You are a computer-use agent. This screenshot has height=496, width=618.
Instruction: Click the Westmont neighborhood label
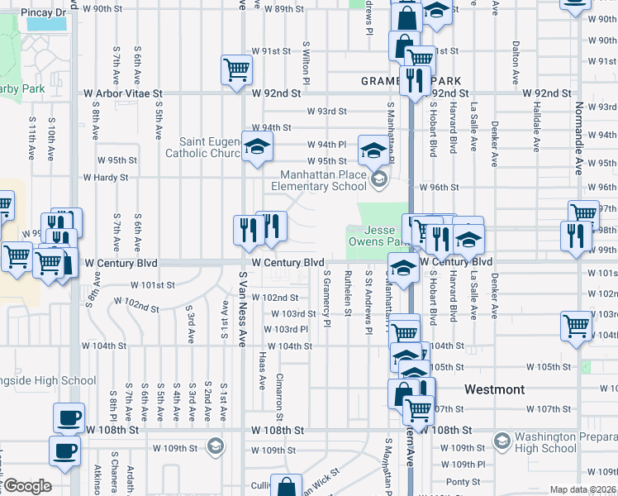494,389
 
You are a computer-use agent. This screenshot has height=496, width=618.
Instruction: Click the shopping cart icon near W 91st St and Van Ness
236,69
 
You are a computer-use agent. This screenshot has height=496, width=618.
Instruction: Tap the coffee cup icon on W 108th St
69,417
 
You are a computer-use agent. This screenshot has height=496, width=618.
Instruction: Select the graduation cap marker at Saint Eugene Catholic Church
257,147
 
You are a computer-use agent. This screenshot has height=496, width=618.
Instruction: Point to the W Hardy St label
105,177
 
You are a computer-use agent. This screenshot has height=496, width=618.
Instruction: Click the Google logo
27,486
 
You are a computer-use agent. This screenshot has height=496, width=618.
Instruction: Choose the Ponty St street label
463,481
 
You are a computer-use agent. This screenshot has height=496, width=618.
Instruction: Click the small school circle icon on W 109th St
216,445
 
